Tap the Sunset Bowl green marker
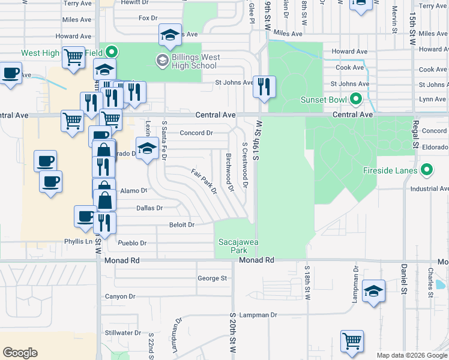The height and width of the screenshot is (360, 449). pos(355,98)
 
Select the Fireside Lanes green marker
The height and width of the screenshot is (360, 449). pos(427,170)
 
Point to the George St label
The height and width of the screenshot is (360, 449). pos(212,278)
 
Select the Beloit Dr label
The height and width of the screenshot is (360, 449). pos(182,225)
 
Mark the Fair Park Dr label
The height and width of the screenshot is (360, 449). pos(204,182)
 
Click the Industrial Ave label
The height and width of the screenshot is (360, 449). pos(429,189)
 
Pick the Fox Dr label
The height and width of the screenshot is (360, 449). pos(148,18)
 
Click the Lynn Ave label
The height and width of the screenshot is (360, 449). pos(433,99)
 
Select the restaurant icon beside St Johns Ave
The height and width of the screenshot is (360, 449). pos(264,88)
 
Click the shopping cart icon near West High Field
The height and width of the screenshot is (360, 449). pos(73,58)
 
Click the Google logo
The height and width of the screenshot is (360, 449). pos(20,353)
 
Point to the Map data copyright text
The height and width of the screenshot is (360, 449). pos(411,355)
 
